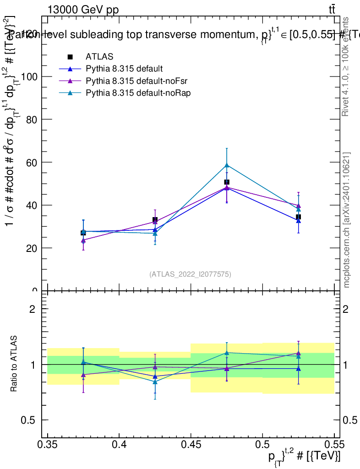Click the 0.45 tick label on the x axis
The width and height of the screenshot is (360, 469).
(x=191, y=444)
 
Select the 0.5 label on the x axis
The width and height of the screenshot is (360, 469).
(x=262, y=444)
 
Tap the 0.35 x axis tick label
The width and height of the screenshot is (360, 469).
(x=48, y=444)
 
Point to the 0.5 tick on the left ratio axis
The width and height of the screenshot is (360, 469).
(x=29, y=420)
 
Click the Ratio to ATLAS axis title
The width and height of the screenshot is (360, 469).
(x=14, y=364)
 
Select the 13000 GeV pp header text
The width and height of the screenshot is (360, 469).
(x=83, y=10)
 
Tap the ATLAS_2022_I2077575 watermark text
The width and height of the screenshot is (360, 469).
(x=190, y=274)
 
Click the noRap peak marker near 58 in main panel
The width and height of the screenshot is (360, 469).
(x=226, y=165)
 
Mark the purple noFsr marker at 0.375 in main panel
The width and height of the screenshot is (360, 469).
(x=83, y=240)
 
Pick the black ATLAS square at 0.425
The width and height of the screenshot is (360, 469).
(x=155, y=220)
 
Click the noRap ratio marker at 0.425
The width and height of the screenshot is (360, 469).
(x=155, y=382)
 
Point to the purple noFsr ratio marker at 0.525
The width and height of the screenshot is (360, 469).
(x=298, y=353)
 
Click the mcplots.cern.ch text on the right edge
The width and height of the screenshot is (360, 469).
(x=347, y=220)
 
